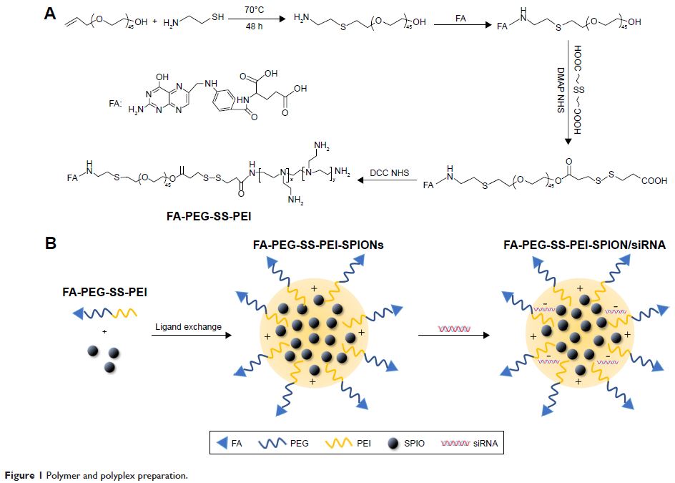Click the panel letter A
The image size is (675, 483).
pos(51,13)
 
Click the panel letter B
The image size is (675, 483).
pos(51,243)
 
